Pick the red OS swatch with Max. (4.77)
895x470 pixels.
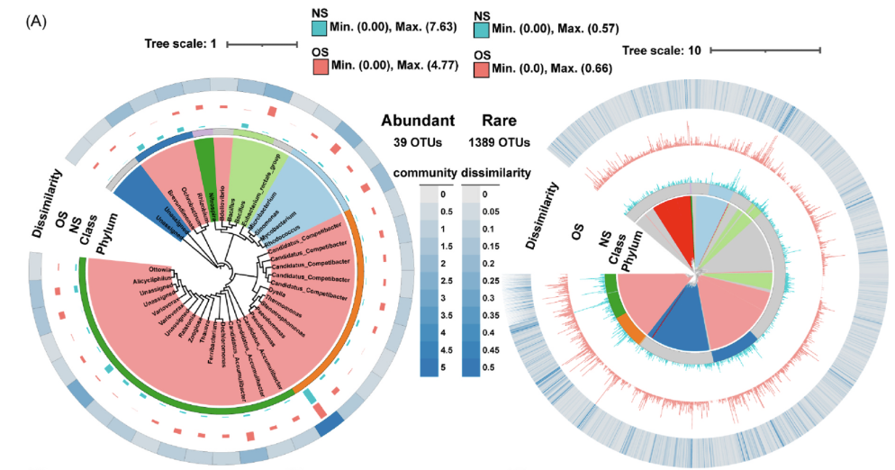(320, 66)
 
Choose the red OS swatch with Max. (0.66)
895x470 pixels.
(482, 68)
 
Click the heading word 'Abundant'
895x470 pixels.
(417, 121)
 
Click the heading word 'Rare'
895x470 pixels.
(500, 121)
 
